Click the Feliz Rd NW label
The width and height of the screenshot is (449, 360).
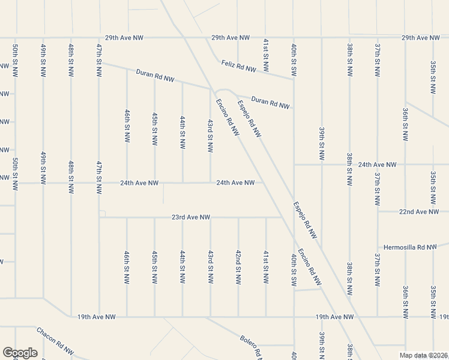(x=238, y=67)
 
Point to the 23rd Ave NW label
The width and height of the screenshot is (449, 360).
(x=191, y=217)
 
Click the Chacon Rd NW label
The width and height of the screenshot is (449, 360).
(x=55, y=340)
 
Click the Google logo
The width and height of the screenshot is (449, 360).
(x=20, y=353)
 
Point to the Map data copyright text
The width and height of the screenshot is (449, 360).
(x=424, y=355)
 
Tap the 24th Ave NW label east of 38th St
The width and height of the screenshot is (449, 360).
(x=378, y=164)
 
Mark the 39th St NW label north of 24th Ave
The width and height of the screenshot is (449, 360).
(x=322, y=143)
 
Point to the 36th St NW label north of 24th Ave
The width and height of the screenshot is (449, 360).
(x=405, y=125)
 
